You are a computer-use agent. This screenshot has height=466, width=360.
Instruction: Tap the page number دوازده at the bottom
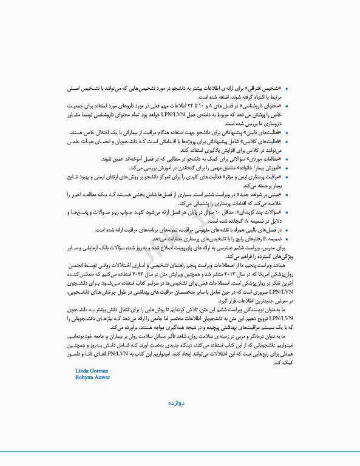tap(180, 402)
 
